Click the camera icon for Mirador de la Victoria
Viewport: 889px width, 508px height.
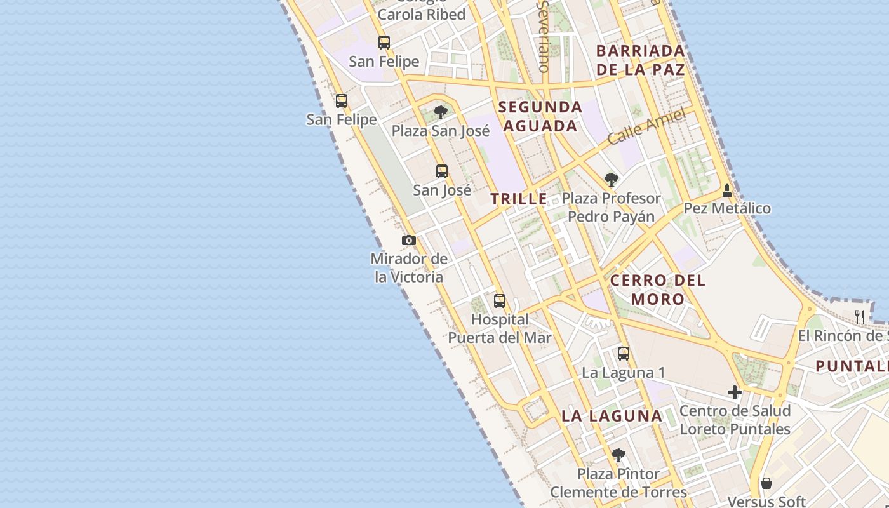pos(409,240)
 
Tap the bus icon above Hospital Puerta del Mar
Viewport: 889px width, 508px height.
pos(500,300)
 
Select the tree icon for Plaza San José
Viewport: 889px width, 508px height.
pos(440,113)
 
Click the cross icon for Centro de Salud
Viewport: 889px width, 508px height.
pos(735,392)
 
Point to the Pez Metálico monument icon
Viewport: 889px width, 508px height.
pos(727,190)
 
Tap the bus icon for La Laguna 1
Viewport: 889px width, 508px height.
pos(624,354)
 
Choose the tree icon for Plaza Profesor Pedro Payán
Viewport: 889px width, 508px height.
pos(611,180)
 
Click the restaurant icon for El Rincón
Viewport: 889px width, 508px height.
pos(860,316)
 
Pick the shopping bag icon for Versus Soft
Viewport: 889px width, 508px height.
pos(766,484)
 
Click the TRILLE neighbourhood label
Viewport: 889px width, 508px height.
pos(519,199)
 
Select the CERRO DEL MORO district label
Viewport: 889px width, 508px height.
pos(658,290)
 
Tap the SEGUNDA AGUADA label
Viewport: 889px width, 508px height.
pos(540,116)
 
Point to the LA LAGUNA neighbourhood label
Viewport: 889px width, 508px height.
pos(612,416)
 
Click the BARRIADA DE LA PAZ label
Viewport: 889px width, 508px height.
pos(641,60)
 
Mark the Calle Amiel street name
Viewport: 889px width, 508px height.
pos(646,127)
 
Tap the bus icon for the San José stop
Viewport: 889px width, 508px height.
pos(441,171)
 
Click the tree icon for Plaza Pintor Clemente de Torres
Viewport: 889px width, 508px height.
pos(618,455)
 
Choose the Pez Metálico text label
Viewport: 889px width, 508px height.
pos(727,208)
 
